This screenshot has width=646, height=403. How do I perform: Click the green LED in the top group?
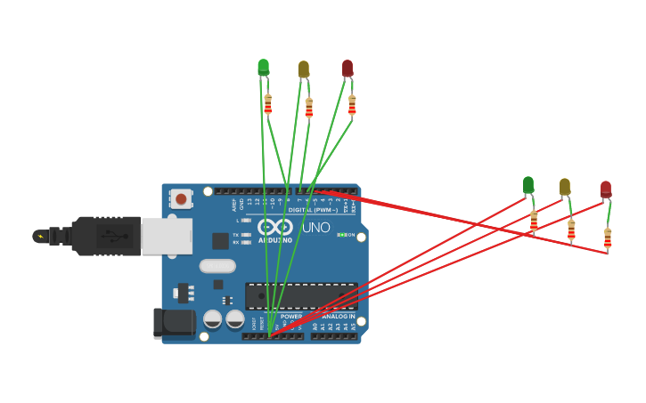[263, 67]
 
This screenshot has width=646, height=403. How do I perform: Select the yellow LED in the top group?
[303, 69]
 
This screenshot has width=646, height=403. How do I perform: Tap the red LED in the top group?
[348, 68]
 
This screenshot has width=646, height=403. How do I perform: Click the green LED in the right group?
[528, 184]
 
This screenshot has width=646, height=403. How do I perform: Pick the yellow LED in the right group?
[565, 186]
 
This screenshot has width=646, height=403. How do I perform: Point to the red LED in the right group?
[606, 189]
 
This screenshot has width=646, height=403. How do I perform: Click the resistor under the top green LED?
[267, 104]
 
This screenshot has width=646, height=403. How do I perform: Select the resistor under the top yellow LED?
[309, 108]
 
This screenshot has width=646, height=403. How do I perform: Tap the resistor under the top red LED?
[352, 105]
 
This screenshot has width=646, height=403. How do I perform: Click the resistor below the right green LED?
[534, 221]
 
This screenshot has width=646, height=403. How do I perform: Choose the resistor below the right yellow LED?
[571, 230]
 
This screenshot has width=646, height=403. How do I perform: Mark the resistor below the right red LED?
[608, 238]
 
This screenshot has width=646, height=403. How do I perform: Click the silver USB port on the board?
[166, 236]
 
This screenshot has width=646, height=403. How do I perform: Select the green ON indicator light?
[341, 235]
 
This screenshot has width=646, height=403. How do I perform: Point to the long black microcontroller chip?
[301, 296]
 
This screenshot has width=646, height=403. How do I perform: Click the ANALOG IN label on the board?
[337, 316]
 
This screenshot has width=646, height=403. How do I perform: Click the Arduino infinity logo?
[274, 227]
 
